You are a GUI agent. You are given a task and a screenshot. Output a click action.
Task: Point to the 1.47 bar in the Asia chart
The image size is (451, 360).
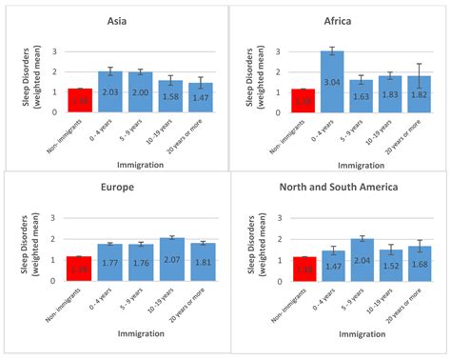point(200,97)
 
